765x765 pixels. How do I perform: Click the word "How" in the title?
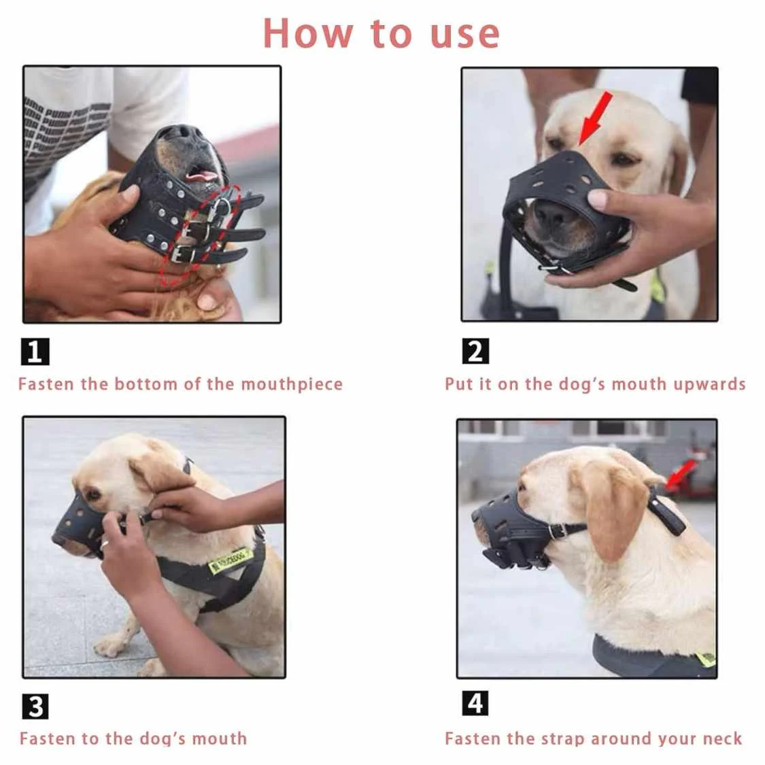308,34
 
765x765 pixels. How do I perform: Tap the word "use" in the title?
465,35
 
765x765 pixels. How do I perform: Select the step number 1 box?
35,352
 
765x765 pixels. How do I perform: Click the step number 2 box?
475,352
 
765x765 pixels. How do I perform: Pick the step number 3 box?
35,707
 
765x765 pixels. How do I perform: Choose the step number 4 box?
475,703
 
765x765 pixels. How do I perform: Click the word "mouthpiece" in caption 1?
292,384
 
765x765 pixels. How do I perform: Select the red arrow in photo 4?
681,475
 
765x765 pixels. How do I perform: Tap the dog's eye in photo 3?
92,494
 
